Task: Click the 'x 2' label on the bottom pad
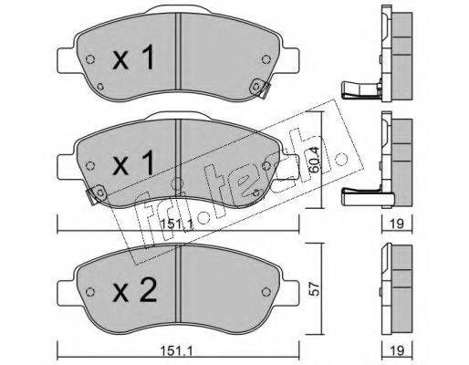(135, 290)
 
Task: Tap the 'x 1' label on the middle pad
(133, 163)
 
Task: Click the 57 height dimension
(315, 288)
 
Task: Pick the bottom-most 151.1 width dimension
(176, 351)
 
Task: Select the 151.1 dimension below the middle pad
(176, 224)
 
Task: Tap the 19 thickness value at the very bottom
(397, 350)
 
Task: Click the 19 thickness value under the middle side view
(397, 224)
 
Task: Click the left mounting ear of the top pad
(66, 60)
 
